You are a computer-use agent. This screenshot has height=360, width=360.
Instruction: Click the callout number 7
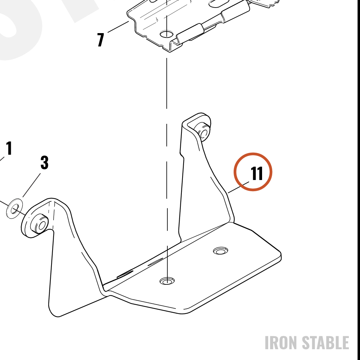coord(100,40)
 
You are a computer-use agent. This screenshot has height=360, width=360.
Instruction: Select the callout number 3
coord(45,163)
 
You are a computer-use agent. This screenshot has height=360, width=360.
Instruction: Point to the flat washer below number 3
coord(14,209)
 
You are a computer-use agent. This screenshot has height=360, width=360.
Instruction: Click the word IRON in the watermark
coord(281,343)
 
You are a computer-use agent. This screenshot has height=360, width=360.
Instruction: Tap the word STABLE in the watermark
coord(325,343)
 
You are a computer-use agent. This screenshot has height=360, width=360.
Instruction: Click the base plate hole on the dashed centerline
coord(167,280)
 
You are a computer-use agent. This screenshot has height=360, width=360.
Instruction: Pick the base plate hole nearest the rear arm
coord(220,251)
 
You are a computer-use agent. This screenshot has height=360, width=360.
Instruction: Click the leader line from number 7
coord(118,27)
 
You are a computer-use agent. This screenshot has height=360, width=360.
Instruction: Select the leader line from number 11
coord(238,187)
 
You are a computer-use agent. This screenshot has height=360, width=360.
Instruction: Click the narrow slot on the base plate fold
coord(156,261)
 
